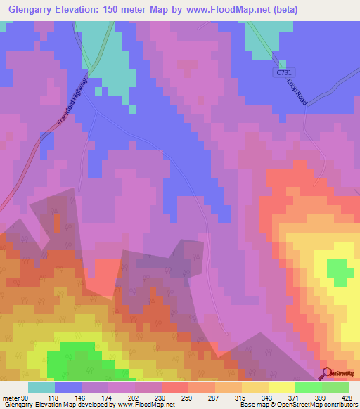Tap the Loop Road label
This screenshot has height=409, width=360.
pos(297,91)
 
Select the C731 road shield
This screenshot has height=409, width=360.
pos(281,73)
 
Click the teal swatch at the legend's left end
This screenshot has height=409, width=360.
pos(41,387)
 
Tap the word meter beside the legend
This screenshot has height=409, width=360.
pos(8,397)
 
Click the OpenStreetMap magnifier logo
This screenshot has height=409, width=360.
pos(327,372)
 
